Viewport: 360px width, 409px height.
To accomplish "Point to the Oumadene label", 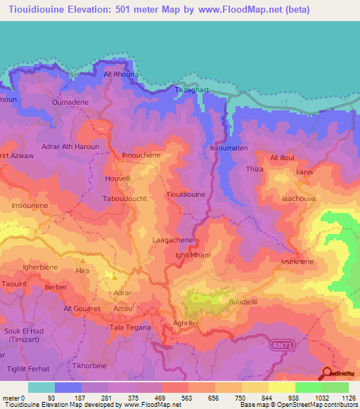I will [x=70, y=103].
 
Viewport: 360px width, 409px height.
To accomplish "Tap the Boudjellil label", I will [x=243, y=303].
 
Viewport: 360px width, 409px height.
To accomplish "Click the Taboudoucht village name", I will [x=125, y=199].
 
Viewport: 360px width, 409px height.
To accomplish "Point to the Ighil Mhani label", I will [x=193, y=256].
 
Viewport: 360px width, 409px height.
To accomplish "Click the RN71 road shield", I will [x=282, y=345].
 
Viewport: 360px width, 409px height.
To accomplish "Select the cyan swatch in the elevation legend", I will [x=41, y=387].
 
